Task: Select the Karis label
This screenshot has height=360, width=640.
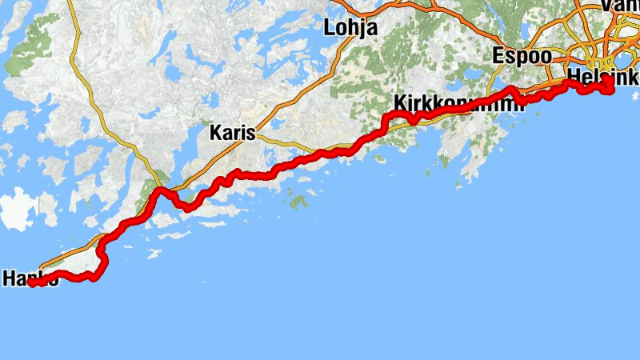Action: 232,133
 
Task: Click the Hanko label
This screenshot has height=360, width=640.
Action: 30,279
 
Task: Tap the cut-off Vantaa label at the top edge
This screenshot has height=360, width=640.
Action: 621,5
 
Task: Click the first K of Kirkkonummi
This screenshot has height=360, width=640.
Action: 400,103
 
